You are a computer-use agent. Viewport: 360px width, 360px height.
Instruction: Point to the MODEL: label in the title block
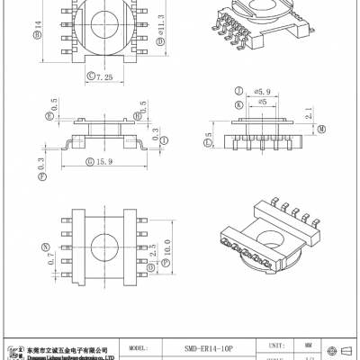tap(139, 346)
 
